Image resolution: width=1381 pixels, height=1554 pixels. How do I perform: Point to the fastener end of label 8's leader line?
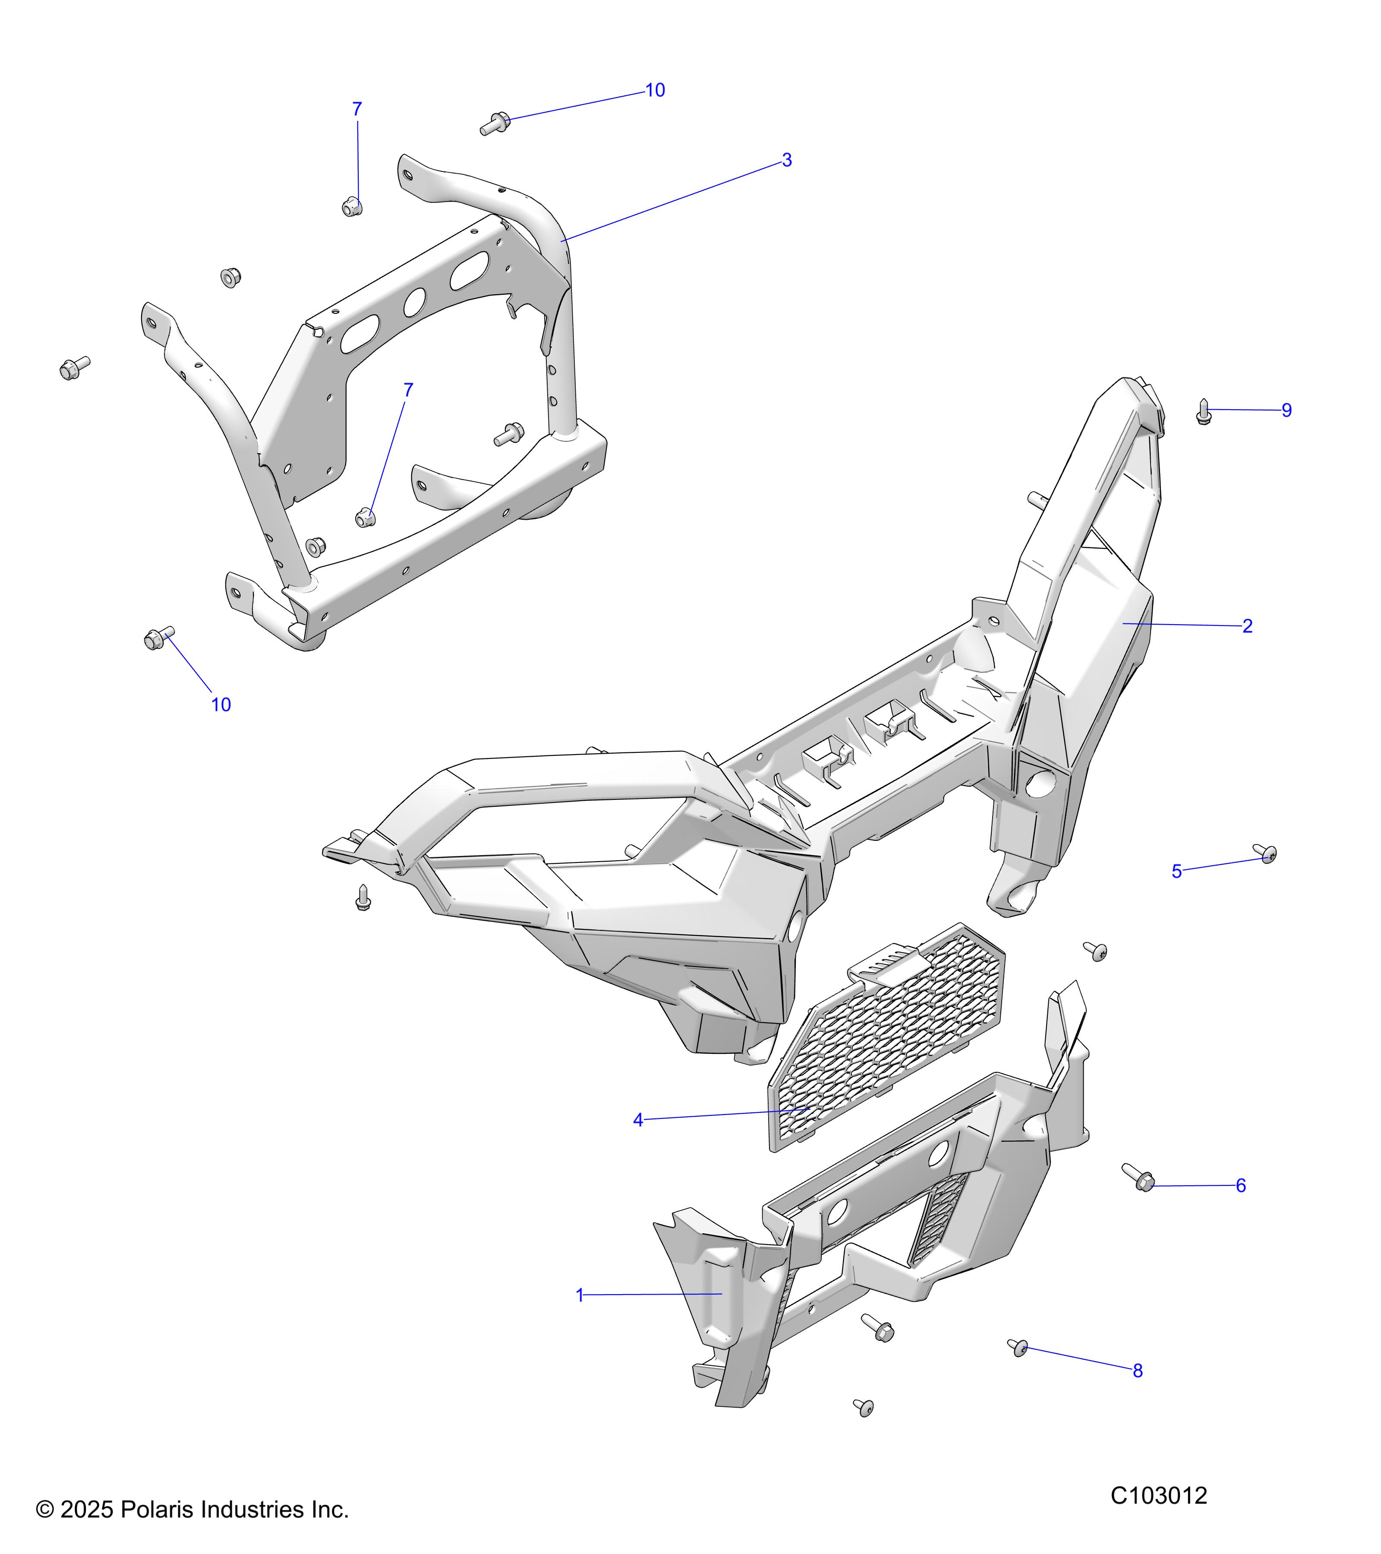pyautogui.click(x=1024, y=1348)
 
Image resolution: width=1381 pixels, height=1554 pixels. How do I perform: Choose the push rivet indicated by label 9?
pyautogui.click(x=1203, y=411)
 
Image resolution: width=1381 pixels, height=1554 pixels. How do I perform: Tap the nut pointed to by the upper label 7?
pyautogui.click(x=351, y=205)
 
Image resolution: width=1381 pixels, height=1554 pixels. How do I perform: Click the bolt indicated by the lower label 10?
pyautogui.click(x=159, y=638)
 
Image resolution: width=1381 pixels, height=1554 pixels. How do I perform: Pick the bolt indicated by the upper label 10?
pyautogui.click(x=495, y=123)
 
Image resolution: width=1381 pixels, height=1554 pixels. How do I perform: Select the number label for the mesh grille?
pyautogui.click(x=638, y=1120)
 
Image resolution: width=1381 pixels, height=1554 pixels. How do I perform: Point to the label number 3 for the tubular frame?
pyautogui.click(x=787, y=161)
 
